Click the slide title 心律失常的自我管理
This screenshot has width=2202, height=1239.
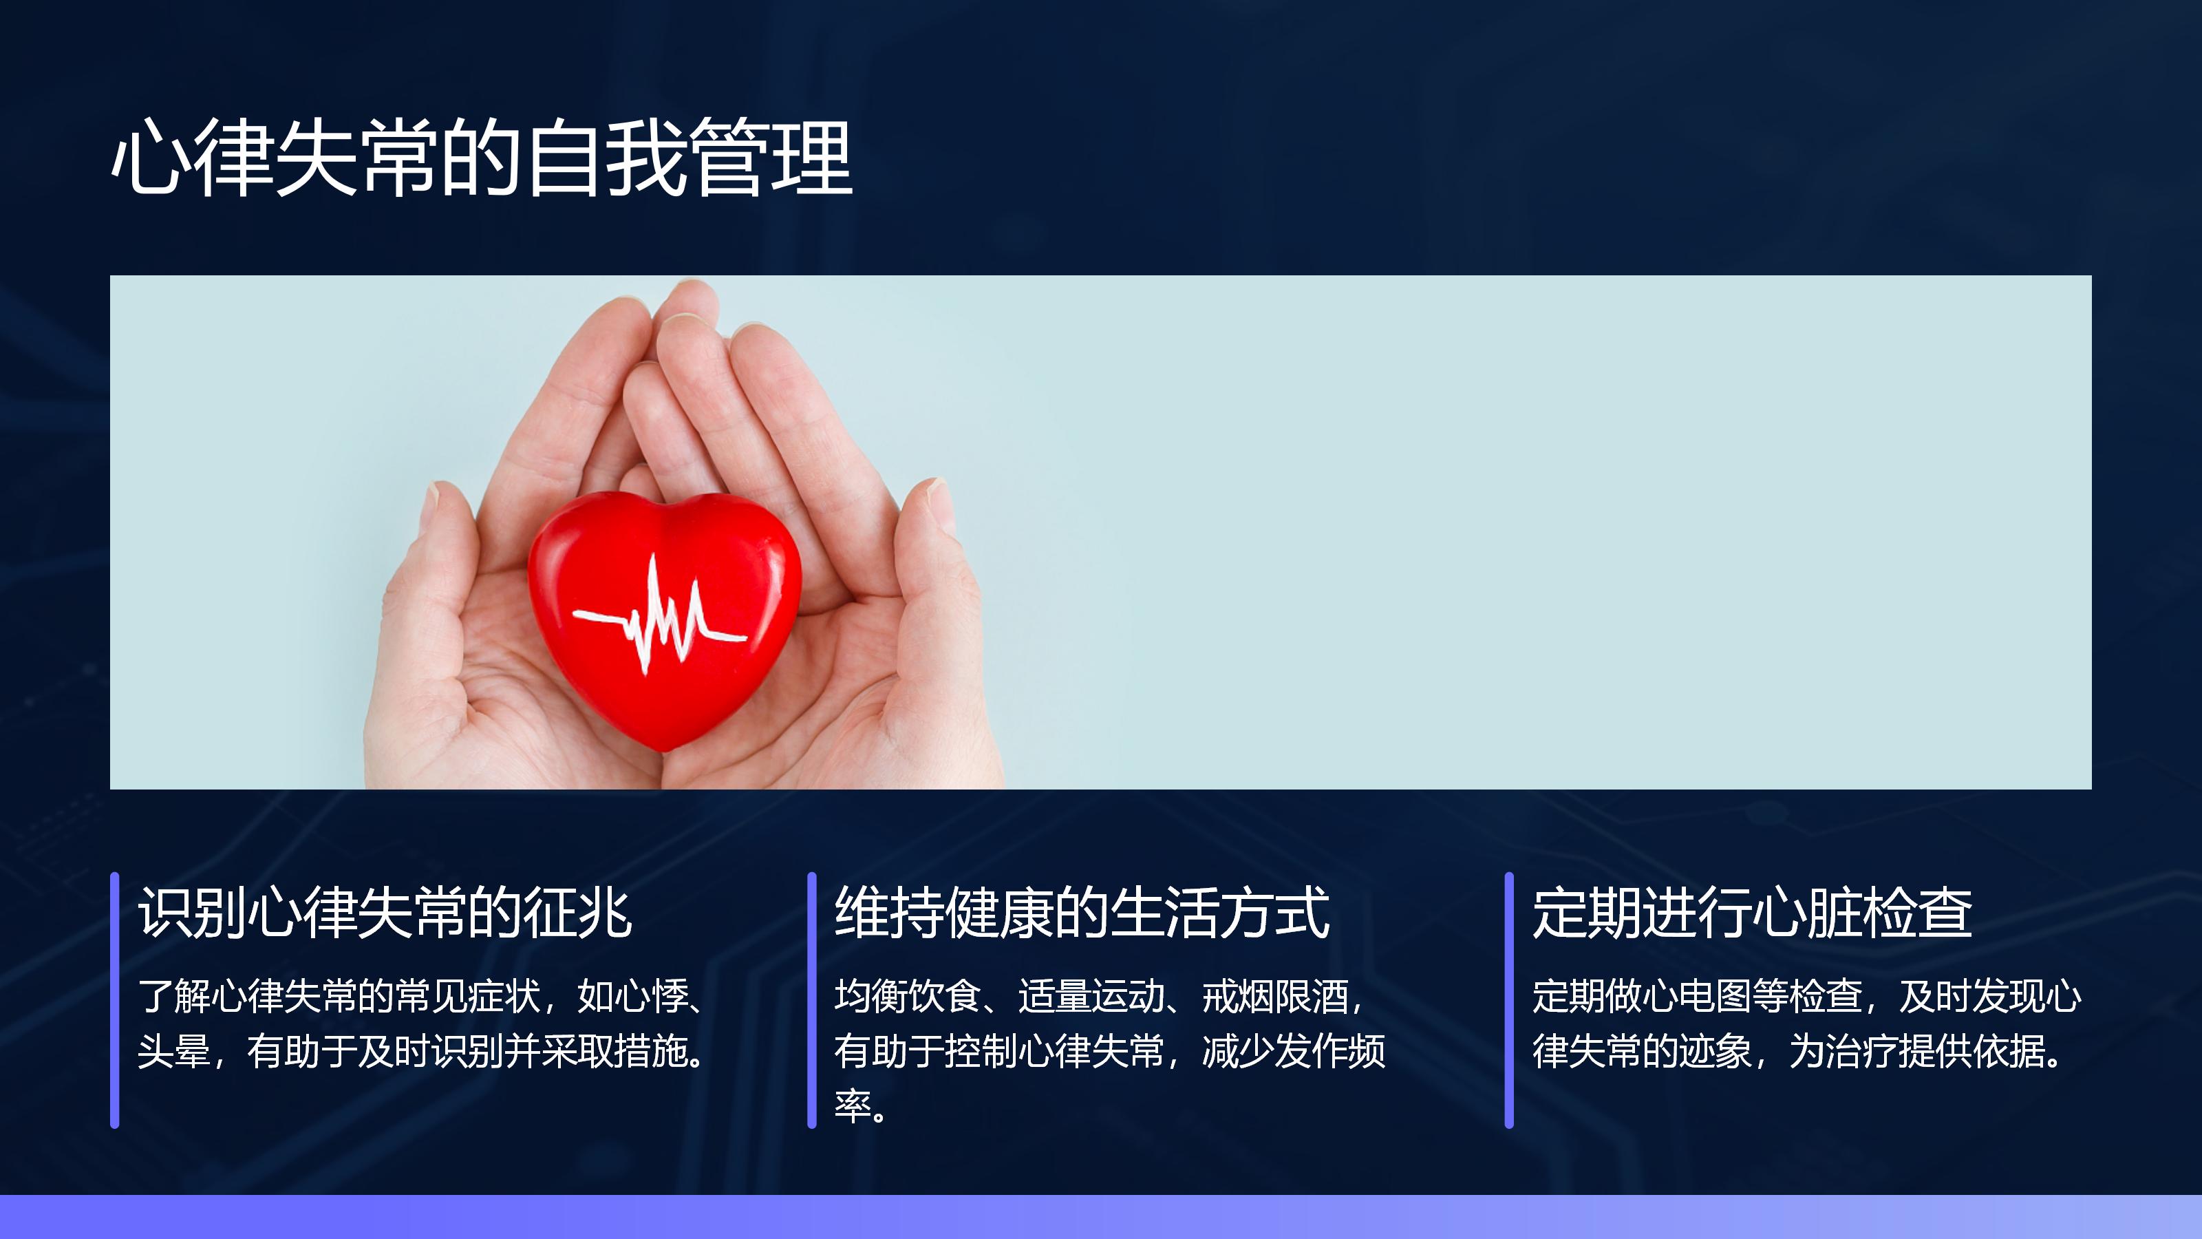point(482,158)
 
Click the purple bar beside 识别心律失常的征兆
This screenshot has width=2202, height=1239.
point(114,999)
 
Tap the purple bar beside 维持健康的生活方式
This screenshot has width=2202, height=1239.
point(812,999)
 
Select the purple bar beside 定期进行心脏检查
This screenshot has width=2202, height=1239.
point(1510,999)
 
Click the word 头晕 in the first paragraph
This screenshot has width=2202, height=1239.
point(173,1051)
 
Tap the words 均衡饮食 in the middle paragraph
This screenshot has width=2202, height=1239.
point(907,996)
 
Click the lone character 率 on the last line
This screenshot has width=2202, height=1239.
point(853,1105)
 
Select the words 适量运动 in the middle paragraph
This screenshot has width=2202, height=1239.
point(1091,996)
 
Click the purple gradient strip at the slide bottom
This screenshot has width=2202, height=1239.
point(1101,1217)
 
